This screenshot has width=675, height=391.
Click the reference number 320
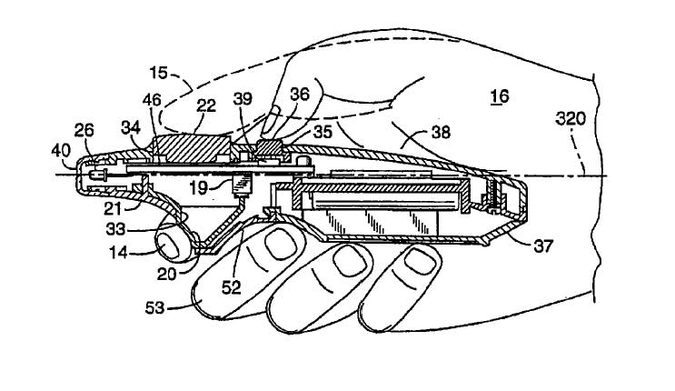pyautogui.click(x=571, y=118)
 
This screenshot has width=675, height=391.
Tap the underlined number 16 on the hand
pyautogui.click(x=500, y=96)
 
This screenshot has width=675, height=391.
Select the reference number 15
pyautogui.click(x=158, y=73)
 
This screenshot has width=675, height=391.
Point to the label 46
pyautogui.click(x=152, y=100)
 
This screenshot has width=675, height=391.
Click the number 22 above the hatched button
pyautogui.click(x=206, y=105)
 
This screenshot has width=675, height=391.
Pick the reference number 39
pyautogui.click(x=243, y=99)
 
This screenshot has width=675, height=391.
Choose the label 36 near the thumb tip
pyautogui.click(x=300, y=94)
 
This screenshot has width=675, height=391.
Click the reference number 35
pyautogui.click(x=323, y=132)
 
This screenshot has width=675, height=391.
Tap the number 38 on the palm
pyautogui.click(x=441, y=132)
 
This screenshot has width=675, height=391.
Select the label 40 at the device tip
pyautogui.click(x=61, y=151)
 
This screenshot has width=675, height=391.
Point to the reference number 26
pyautogui.click(x=84, y=130)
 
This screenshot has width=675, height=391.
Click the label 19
pyautogui.click(x=199, y=187)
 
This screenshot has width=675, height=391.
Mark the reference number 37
pyautogui.click(x=543, y=246)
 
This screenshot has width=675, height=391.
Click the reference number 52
pyautogui.click(x=231, y=287)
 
